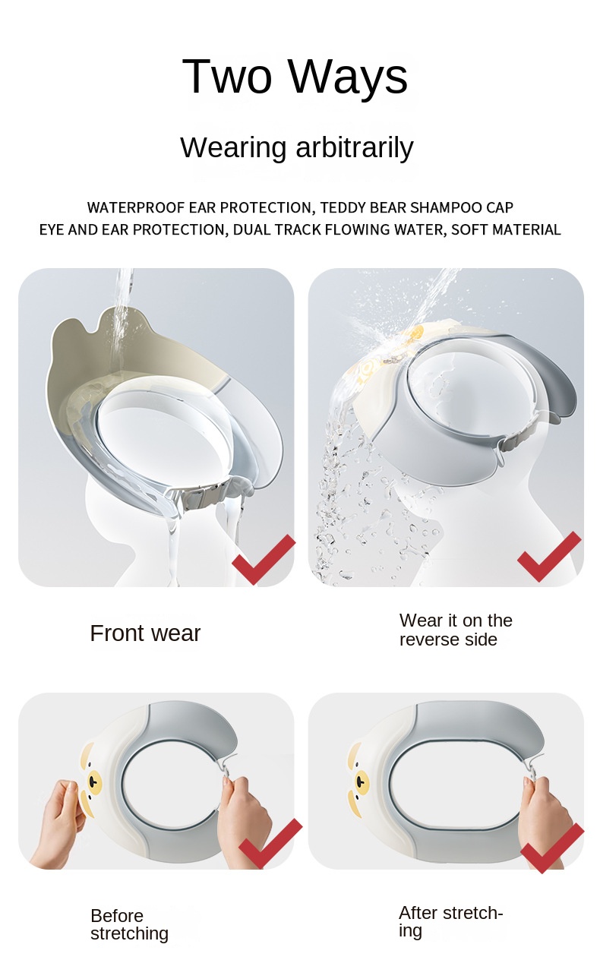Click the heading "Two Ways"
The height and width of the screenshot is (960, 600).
click(x=295, y=76)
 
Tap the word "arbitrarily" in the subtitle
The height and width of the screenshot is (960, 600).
click(x=355, y=148)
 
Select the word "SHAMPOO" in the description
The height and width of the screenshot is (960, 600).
click(x=446, y=207)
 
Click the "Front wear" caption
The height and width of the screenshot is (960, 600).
click(x=145, y=633)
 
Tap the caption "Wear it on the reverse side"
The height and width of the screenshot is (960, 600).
click(x=456, y=630)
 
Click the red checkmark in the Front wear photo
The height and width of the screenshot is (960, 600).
click(x=263, y=559)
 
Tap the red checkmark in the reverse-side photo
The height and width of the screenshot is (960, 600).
click(x=549, y=556)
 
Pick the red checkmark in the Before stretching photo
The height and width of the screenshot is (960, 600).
click(x=270, y=844)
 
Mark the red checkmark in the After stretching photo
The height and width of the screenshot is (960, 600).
click(x=552, y=848)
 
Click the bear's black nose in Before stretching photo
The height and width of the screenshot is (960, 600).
click(x=93, y=782)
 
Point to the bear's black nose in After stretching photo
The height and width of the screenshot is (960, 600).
click(x=362, y=778)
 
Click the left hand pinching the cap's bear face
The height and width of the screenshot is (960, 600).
click(x=58, y=822)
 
